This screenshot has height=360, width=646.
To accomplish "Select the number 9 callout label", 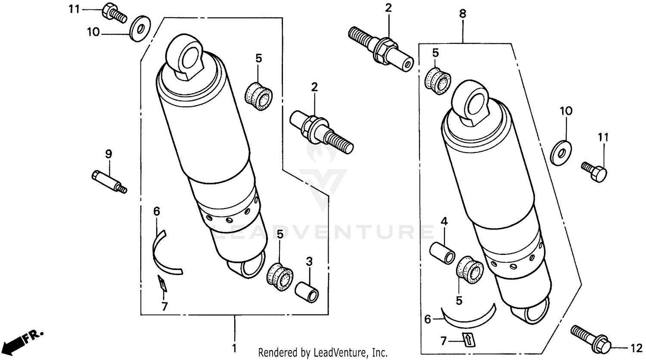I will pos(109,153).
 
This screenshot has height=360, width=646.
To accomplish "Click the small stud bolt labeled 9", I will pos(109,182).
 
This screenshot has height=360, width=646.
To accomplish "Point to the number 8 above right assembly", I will pos(463,14).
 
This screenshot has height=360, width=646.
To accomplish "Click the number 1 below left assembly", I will pos(234,348).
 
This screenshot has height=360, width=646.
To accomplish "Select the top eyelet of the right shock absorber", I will pos(472,102).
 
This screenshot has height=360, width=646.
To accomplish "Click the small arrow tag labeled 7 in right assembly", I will pos(467,339).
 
